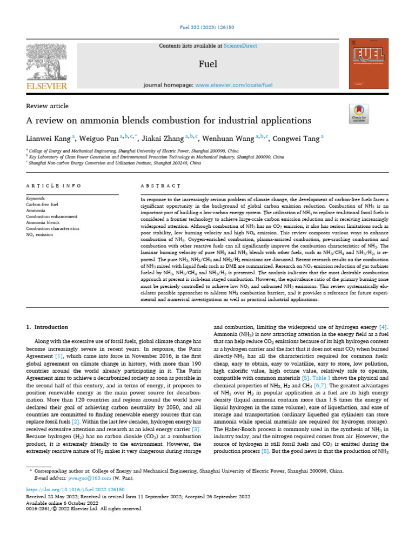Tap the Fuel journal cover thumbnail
pos(369,64)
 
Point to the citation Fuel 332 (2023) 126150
pos(207,28)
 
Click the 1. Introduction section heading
pos(48,327)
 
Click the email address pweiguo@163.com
pos(90,478)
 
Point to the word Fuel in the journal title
pos(208,64)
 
